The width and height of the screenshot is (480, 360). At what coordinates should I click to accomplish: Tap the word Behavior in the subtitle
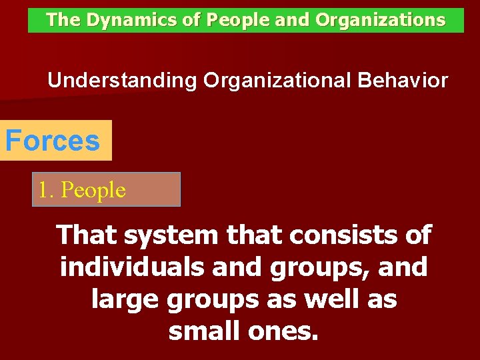[x=403, y=81]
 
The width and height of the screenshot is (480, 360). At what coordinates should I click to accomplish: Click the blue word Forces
[x=53, y=141]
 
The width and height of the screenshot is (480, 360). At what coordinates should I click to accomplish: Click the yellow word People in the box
[x=93, y=191]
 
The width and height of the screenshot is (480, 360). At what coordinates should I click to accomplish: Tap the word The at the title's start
[x=63, y=21]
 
